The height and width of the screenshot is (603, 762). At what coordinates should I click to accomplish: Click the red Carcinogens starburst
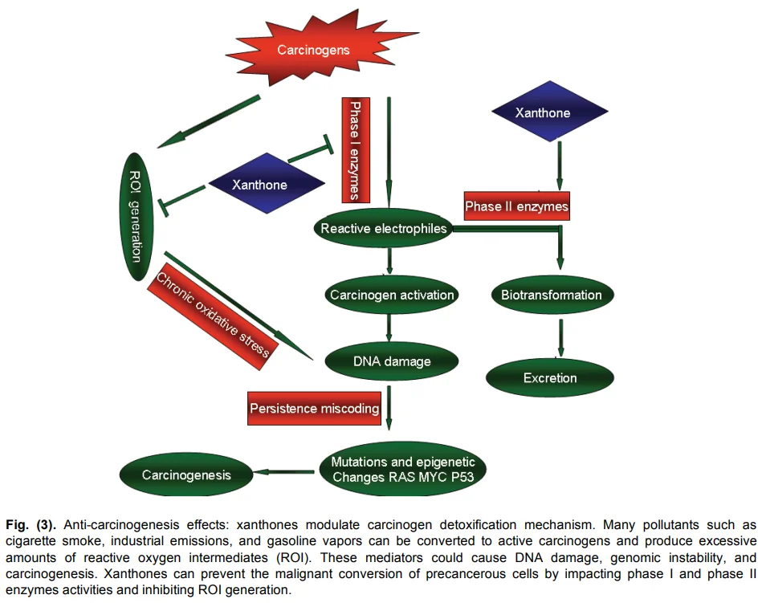[313, 50]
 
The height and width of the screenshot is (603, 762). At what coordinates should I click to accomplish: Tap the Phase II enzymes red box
[516, 206]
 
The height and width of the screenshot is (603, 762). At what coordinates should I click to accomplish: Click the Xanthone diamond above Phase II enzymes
[543, 113]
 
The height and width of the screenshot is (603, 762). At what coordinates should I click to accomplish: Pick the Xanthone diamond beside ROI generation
[259, 185]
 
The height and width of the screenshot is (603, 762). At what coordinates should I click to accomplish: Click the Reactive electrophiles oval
[383, 229]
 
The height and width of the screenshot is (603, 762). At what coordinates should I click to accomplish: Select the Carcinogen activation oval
[392, 295]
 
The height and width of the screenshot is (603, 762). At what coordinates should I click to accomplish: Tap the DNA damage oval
[392, 361]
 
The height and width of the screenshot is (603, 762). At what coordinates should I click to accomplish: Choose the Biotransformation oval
[551, 295]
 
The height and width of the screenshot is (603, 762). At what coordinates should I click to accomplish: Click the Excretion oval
[550, 377]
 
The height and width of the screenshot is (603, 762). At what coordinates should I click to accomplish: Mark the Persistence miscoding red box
[314, 409]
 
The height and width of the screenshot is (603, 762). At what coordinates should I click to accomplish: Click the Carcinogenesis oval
[186, 475]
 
